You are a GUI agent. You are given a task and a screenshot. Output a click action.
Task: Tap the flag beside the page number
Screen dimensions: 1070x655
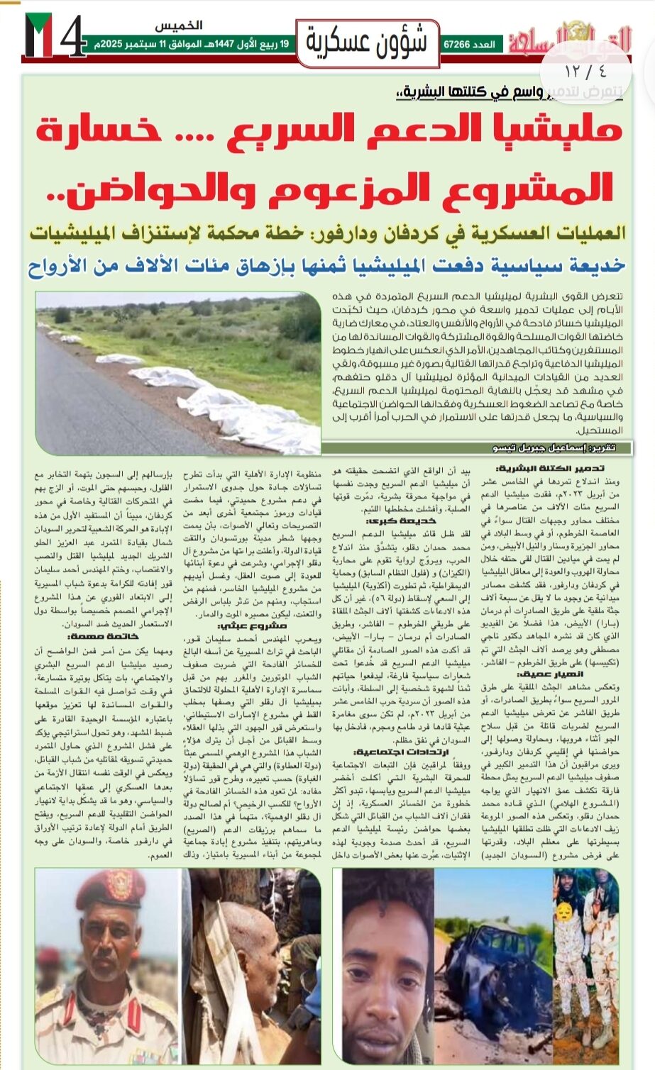tap(38, 35)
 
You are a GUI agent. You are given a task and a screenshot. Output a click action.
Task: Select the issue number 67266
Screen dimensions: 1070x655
tap(457, 45)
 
